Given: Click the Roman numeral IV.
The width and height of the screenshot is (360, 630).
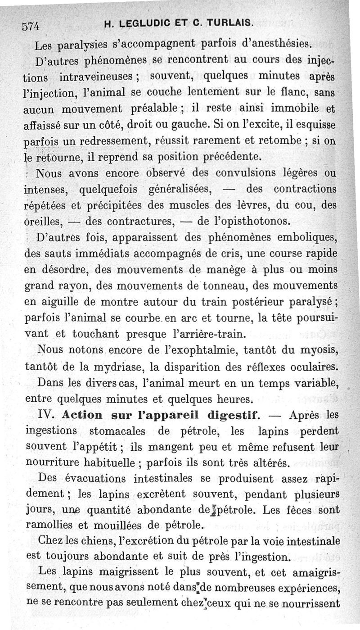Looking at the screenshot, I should pos(47,415).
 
